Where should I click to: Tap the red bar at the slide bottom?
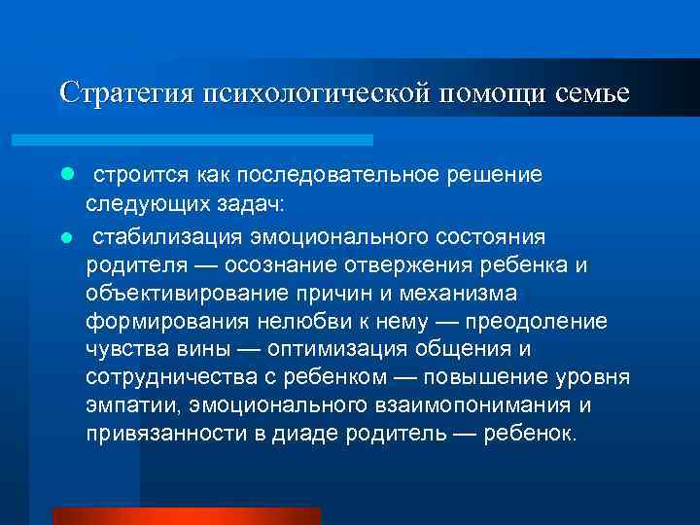(x=187, y=515)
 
